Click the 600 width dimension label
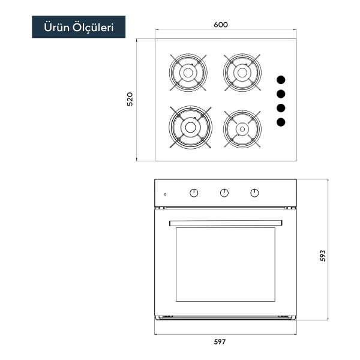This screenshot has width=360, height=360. (221, 25)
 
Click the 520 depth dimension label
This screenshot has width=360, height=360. (130, 99)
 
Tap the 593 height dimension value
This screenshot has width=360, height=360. (323, 256)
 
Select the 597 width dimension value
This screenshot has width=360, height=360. (220, 342)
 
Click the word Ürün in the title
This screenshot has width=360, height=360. (56, 27)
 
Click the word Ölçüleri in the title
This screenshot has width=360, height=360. (93, 28)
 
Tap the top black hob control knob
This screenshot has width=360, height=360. (281, 80)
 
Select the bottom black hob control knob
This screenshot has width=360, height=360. (281, 122)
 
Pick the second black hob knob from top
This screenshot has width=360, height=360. (281, 94)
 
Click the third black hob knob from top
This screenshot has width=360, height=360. (281, 108)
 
